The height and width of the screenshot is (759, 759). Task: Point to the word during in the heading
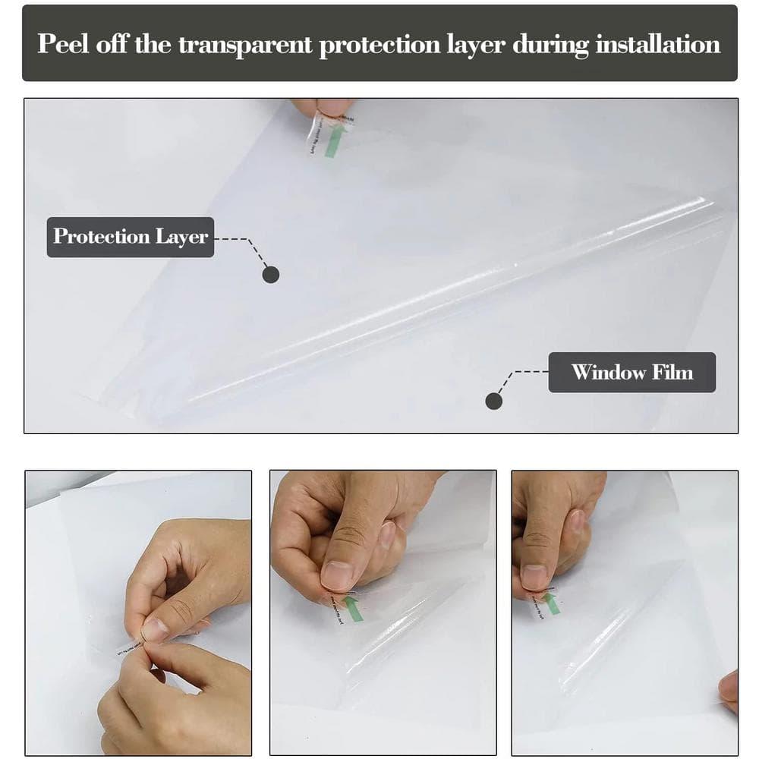click(x=550, y=43)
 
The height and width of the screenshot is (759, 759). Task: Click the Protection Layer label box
click(x=131, y=236)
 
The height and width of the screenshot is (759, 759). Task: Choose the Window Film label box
click(x=631, y=372)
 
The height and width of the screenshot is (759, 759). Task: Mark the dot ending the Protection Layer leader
click(x=270, y=275)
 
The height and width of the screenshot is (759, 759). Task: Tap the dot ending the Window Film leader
click(x=494, y=401)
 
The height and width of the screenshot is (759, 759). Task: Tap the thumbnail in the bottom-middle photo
click(x=336, y=575)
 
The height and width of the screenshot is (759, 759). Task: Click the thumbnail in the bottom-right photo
click(x=534, y=577)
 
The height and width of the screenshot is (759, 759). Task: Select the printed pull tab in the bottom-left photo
click(x=129, y=647)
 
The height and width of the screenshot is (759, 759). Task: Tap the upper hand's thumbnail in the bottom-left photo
click(x=154, y=629)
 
